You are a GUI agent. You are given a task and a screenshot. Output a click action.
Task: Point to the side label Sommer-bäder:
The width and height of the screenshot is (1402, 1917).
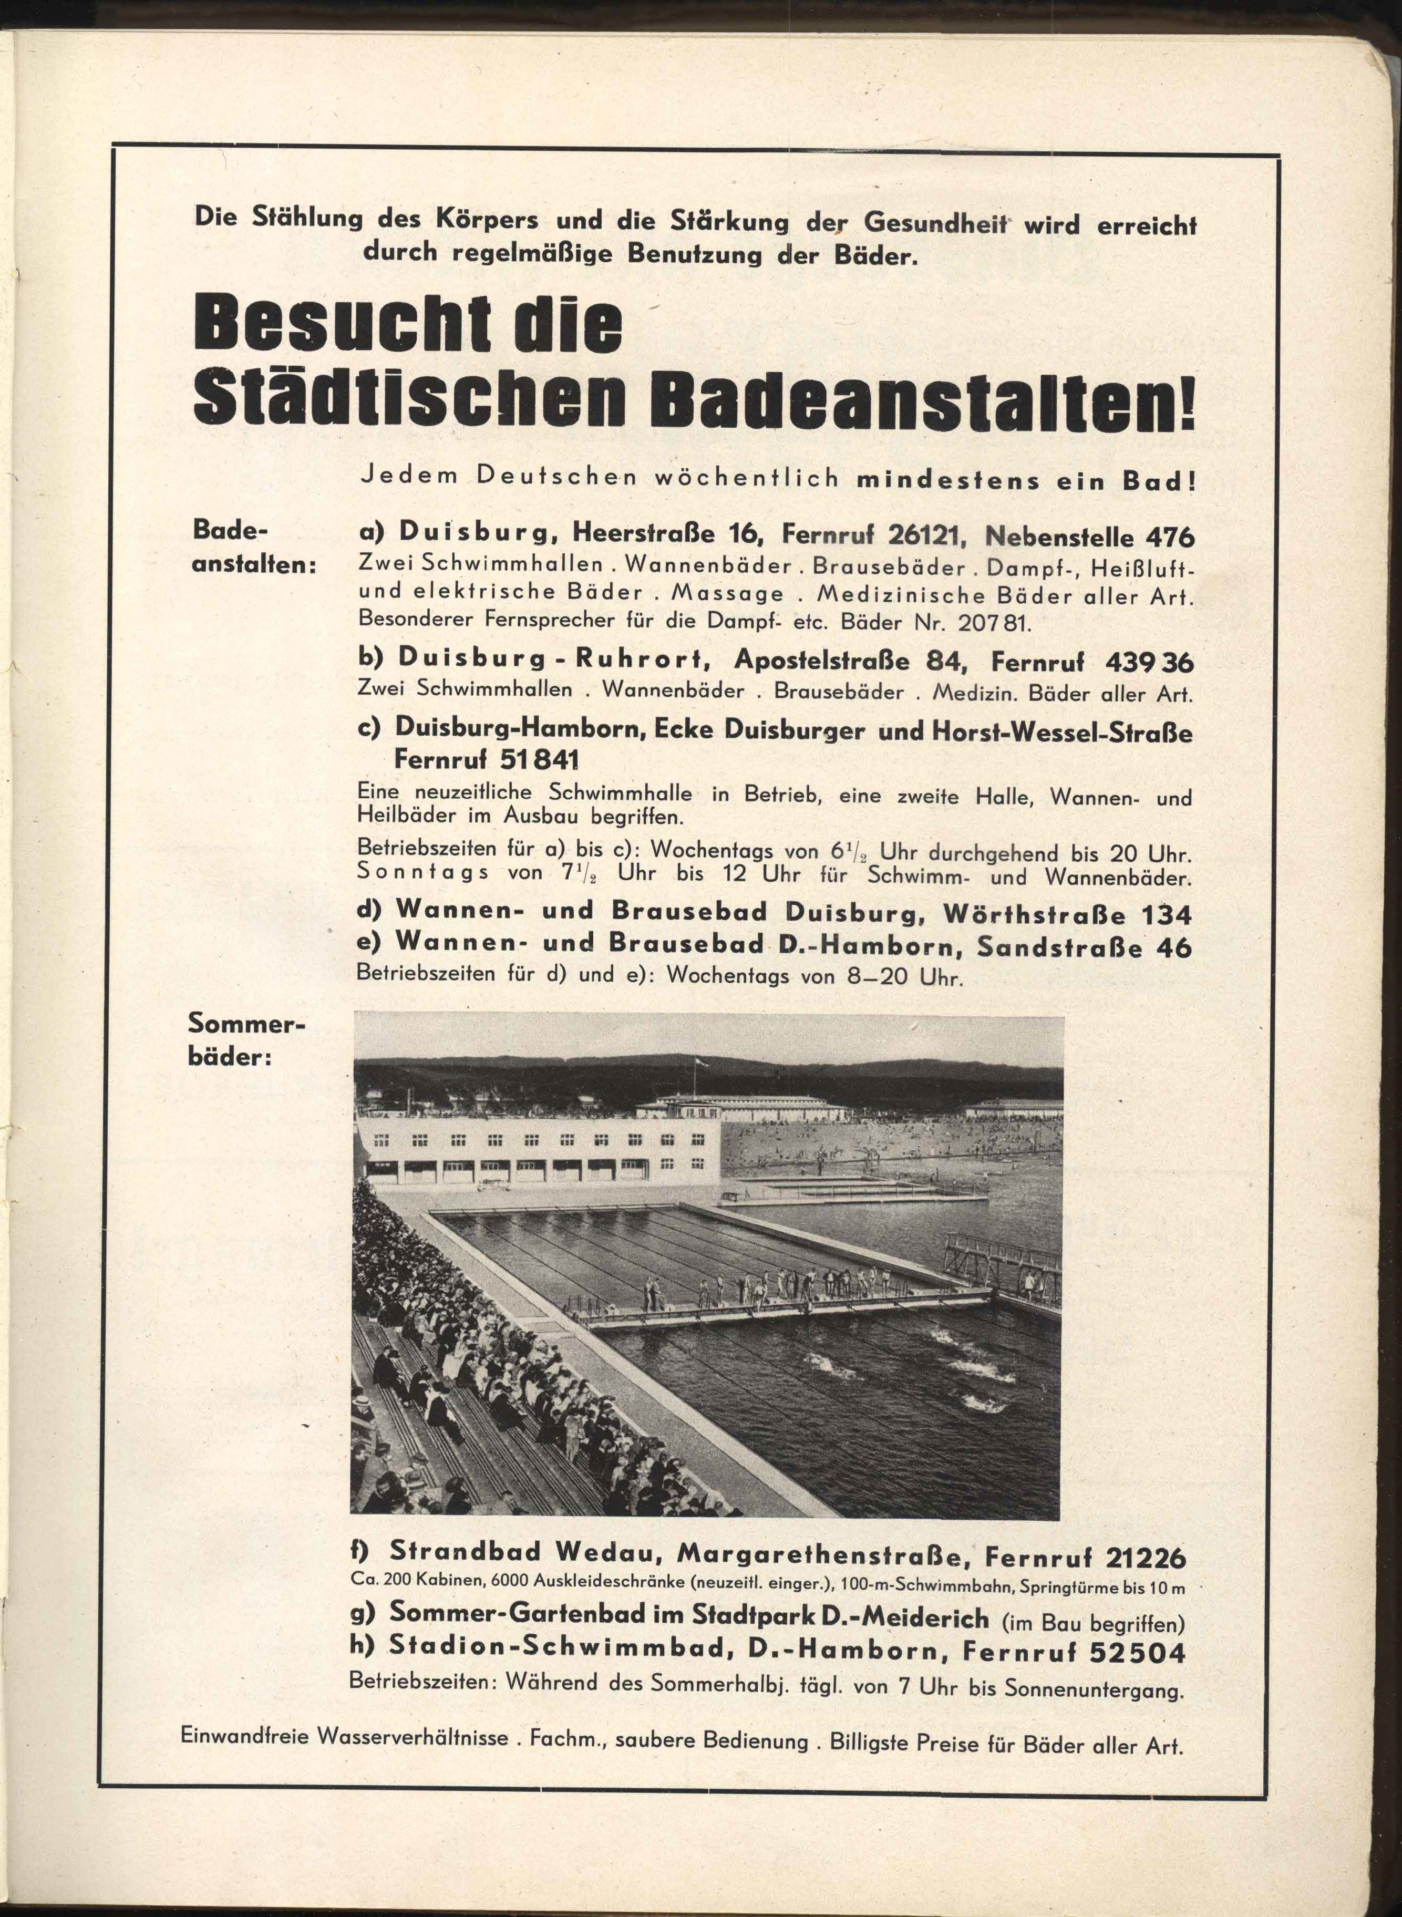[243, 1043]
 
